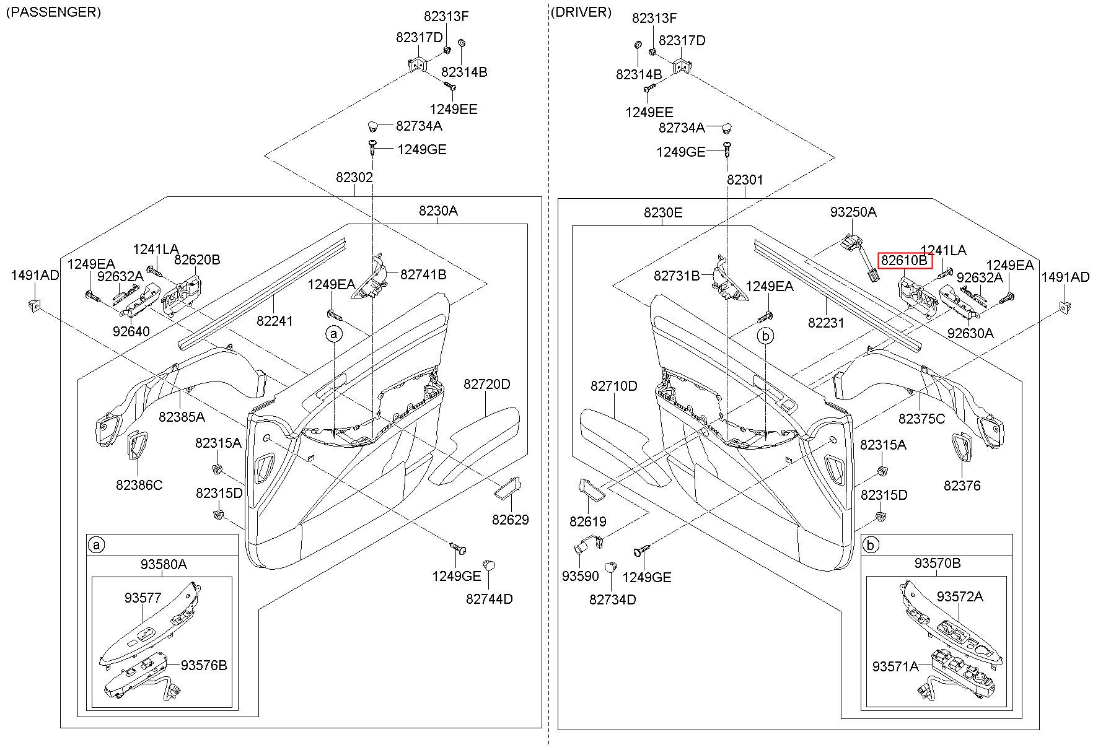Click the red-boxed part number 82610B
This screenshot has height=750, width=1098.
click(x=905, y=261)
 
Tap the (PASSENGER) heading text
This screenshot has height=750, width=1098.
click(x=53, y=12)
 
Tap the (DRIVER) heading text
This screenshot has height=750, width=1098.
click(x=581, y=12)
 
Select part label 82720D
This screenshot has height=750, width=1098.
click(x=487, y=384)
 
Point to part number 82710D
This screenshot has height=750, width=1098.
click(x=613, y=386)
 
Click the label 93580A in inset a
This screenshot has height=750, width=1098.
click(x=164, y=564)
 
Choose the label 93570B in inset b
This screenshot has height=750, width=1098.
click(x=938, y=564)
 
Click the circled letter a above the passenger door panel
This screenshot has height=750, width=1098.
click(x=334, y=334)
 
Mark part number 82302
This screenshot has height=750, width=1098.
click(x=354, y=177)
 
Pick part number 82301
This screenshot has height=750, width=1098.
click(x=745, y=180)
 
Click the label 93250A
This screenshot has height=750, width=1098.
click(x=853, y=212)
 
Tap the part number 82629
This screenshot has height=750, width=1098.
click(x=511, y=520)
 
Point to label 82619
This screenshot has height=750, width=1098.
click(x=588, y=521)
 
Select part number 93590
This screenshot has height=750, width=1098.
click(x=581, y=576)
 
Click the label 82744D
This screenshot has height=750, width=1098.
click(x=490, y=599)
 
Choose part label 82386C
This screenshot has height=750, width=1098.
click(x=139, y=485)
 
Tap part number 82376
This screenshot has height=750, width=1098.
click(x=962, y=486)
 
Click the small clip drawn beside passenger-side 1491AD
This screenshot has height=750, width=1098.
click(x=34, y=304)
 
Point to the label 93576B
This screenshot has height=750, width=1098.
click(x=204, y=665)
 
